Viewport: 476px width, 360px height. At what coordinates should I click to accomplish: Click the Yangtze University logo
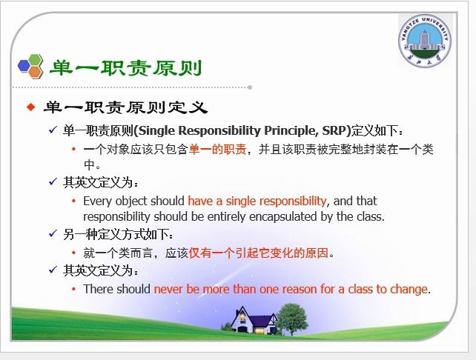pyautogui.click(x=426, y=44)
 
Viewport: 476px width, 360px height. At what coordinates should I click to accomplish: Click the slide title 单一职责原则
pyautogui.click(x=125, y=68)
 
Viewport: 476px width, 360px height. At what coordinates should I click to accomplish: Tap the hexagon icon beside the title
pyautogui.click(x=30, y=67)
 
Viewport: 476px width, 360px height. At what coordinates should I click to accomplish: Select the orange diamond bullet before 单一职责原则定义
pyautogui.click(x=31, y=107)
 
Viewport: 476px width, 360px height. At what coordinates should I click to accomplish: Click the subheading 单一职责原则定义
pyautogui.click(x=125, y=107)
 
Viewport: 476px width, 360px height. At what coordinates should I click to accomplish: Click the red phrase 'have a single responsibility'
pyautogui.click(x=257, y=201)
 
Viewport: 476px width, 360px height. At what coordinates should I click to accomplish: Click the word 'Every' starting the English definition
pyautogui.click(x=98, y=201)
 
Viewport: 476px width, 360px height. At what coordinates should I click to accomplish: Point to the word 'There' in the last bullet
pyautogui.click(x=99, y=289)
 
